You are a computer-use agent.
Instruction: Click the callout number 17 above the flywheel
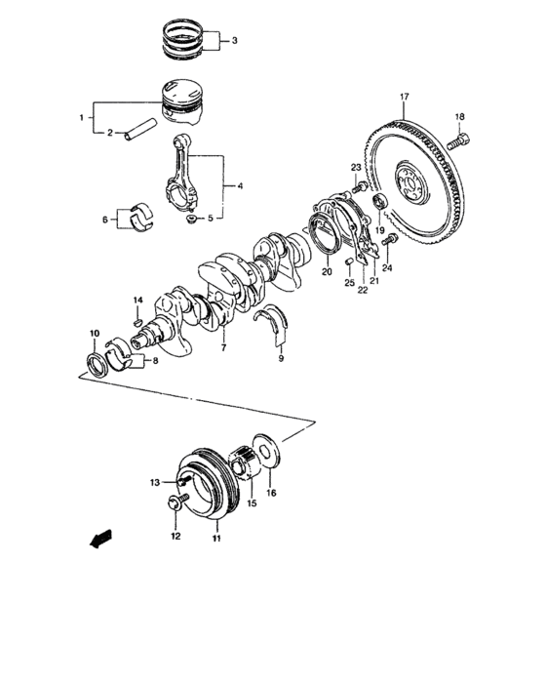[x=403, y=96]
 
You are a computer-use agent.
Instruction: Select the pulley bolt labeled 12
[x=175, y=502]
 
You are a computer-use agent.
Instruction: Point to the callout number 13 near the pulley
[x=155, y=482]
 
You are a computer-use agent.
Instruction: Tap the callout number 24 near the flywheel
[x=387, y=267]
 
